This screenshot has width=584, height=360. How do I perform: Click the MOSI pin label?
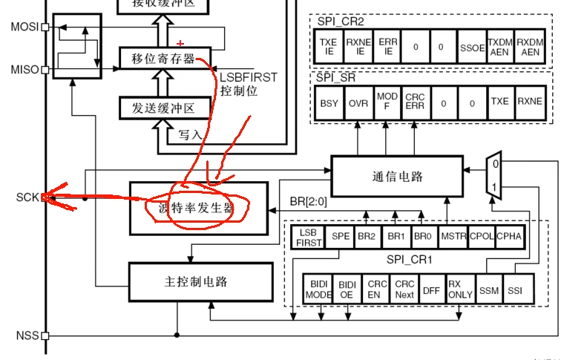[x=25, y=27]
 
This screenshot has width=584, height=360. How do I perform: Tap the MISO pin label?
[x=25, y=70]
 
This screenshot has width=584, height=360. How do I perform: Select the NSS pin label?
[x=27, y=336]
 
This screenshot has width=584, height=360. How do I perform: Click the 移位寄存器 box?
[x=163, y=57]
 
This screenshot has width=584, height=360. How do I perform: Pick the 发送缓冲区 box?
[x=163, y=108]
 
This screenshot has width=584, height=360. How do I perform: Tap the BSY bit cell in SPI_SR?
[x=329, y=102]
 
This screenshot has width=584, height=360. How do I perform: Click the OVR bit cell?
[x=357, y=102]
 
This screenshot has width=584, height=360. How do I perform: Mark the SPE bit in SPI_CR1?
[x=341, y=236]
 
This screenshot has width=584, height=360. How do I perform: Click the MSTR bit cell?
[x=453, y=236]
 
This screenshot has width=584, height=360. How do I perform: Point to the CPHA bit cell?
[x=510, y=236]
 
